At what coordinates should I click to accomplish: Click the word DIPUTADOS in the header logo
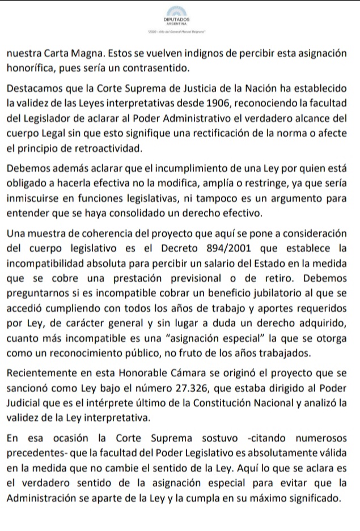pyautogui.click(x=179, y=20)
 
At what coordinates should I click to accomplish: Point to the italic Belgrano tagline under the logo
pyautogui.click(x=179, y=33)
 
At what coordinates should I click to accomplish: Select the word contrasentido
pyautogui.click(x=147, y=69)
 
